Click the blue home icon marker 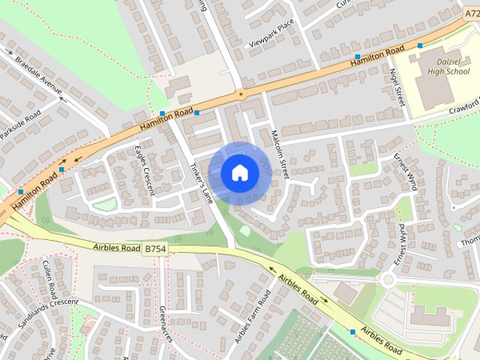(239, 172)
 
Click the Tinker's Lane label (202, 184)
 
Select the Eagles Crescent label (145, 169)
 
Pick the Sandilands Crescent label (39, 314)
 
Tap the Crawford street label (464, 106)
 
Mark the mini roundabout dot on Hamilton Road (240, 94)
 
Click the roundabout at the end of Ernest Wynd (388, 280)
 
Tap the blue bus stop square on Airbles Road (352, 331)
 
